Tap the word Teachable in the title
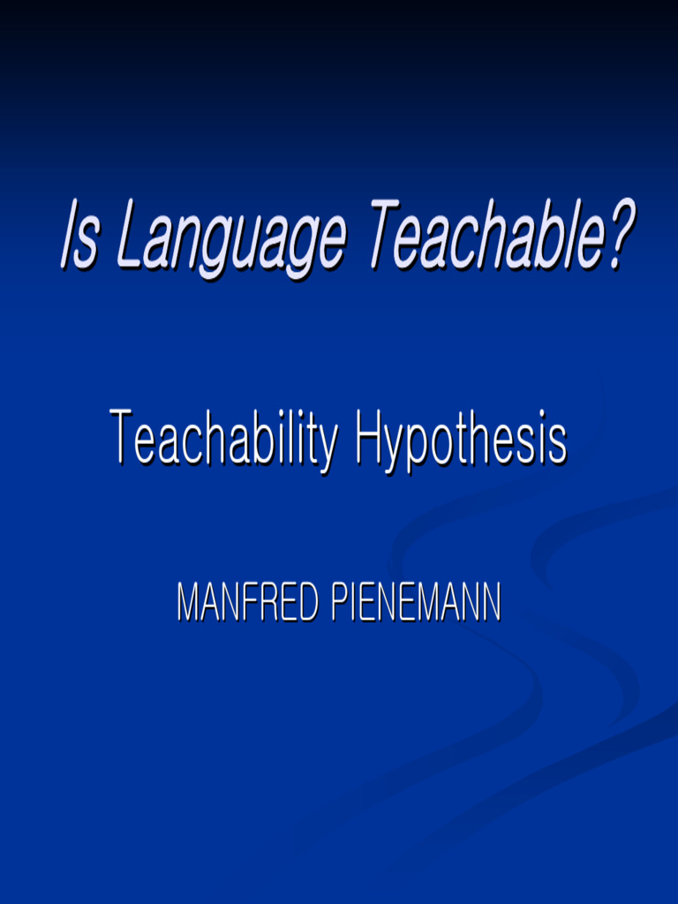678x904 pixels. [487, 235]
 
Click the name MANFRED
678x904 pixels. [248, 602]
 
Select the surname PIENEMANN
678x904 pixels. [417, 602]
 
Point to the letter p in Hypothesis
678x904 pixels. [418, 449]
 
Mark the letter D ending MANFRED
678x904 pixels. [309, 602]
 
